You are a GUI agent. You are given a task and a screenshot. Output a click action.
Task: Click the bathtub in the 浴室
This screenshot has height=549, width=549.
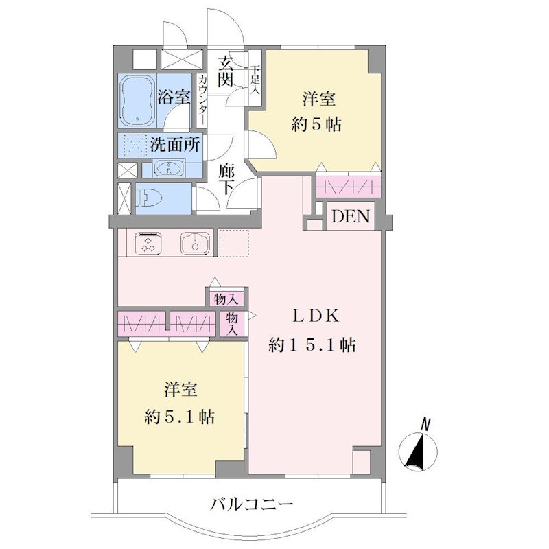pyautogui.click(x=138, y=100)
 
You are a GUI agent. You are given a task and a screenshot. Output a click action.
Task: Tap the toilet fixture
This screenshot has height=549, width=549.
pyautogui.click(x=150, y=199)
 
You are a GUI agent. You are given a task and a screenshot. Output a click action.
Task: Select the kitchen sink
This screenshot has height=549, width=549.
pyautogui.click(x=196, y=244)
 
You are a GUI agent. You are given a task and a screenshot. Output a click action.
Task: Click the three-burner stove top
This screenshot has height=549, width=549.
pyautogui.click(x=149, y=243)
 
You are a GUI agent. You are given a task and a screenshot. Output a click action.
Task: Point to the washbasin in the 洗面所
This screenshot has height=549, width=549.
pyautogui.click(x=169, y=168)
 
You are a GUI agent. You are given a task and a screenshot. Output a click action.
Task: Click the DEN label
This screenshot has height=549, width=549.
pyautogui.click(x=351, y=216)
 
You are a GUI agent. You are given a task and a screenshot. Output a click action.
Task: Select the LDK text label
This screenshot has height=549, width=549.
pyautogui.click(x=316, y=316)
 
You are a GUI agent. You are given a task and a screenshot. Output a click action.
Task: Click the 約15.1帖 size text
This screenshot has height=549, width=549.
pyautogui.click(x=312, y=345)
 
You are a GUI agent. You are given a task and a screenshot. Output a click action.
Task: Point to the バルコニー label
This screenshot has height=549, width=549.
pyautogui.click(x=252, y=504)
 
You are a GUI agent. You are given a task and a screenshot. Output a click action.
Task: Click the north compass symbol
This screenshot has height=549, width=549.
pyautogui.click(x=419, y=452)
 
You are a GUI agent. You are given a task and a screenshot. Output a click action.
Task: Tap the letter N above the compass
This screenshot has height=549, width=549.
pyautogui.click(x=425, y=424)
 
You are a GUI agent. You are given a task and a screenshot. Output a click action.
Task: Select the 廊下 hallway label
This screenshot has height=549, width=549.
pyautogui.click(x=226, y=179)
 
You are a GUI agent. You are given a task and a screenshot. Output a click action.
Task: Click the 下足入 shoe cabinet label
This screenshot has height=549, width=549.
pyautogui.click(x=255, y=78)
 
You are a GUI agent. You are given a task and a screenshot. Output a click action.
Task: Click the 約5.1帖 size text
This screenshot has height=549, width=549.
pyautogui.click(x=180, y=417)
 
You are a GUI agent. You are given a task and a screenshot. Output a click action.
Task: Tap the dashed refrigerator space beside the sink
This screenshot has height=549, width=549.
pyautogui.click(x=234, y=244)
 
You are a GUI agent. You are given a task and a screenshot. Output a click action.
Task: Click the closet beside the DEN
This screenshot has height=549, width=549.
pyautogui.click(x=349, y=187)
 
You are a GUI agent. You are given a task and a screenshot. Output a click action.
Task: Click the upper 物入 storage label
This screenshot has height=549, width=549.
pyautogui.click(x=226, y=300)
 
